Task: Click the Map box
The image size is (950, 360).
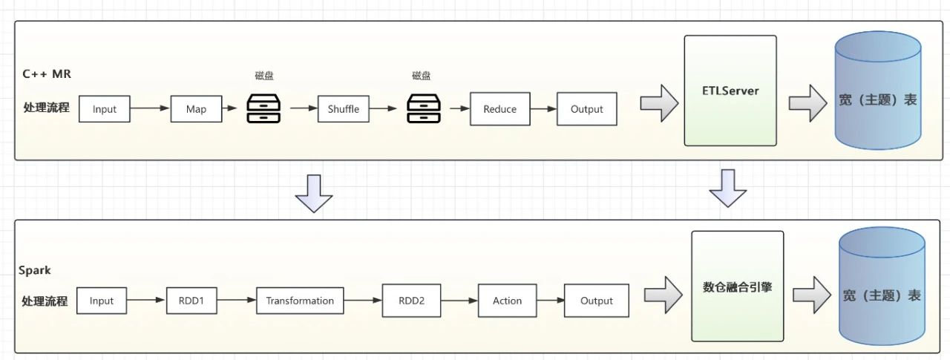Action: (197, 109)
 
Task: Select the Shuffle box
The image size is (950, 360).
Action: (343, 109)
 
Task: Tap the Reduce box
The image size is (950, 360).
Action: (499, 109)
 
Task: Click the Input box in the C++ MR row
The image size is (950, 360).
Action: (105, 109)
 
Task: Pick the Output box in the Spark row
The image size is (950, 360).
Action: (597, 301)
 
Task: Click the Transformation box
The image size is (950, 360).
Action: (300, 301)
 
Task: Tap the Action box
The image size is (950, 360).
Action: (507, 301)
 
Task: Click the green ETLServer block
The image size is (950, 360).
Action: (730, 91)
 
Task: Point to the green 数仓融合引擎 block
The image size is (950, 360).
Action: (737, 287)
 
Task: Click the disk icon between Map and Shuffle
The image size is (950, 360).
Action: (263, 108)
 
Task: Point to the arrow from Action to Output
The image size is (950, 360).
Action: (549, 301)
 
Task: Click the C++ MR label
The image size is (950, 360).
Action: (47, 74)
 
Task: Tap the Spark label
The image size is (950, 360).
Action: (35, 270)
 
